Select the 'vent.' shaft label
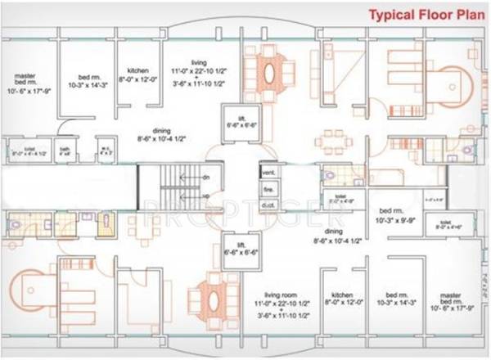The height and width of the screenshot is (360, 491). (x=268, y=173)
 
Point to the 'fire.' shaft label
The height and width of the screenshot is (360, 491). (x=268, y=188)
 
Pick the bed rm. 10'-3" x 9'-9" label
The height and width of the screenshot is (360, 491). (x=395, y=216)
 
